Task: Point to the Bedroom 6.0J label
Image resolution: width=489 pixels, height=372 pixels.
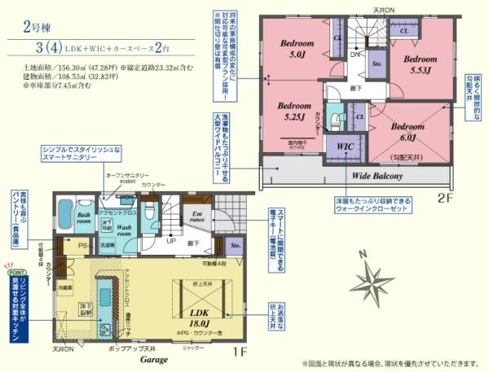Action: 405,133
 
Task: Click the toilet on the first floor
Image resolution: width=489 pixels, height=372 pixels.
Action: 148,210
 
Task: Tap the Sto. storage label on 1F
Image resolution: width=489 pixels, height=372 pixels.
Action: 235,243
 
